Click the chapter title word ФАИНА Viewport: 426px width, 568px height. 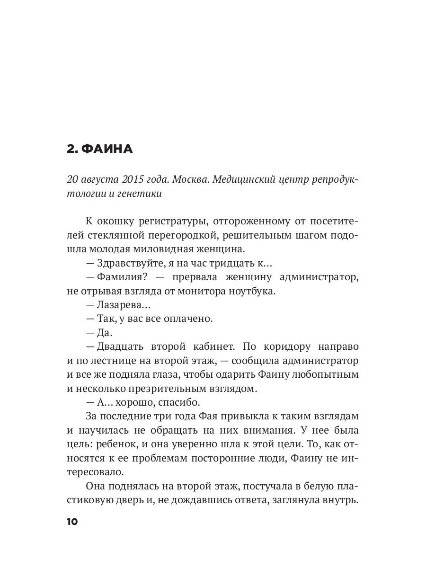click(107, 150)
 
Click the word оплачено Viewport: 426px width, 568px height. click(188, 319)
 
